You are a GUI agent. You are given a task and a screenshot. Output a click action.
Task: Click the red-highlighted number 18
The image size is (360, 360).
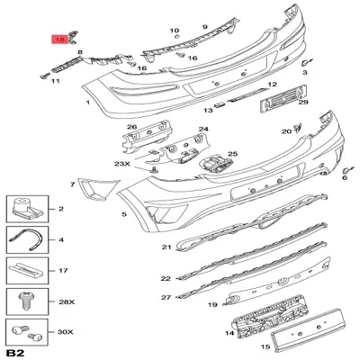tap(61, 39)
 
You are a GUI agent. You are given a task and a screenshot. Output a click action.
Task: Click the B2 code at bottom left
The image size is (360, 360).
tap(14, 350)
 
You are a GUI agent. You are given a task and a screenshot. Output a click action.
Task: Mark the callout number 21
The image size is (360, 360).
tap(166, 247)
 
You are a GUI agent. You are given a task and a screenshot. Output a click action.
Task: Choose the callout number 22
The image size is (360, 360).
tap(166, 279)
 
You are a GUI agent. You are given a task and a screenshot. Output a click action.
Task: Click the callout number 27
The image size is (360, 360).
tap(166, 297)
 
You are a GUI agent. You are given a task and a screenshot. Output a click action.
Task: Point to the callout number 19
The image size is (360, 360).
tap(212, 306)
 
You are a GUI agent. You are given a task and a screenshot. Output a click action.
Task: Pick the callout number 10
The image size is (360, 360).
tap(175, 31)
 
